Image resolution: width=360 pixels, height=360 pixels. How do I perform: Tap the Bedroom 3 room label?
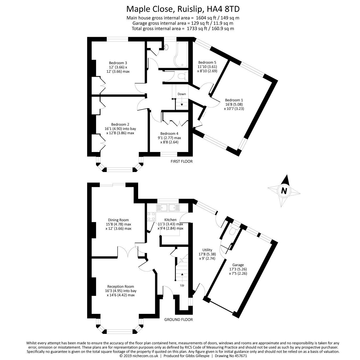point(118,63)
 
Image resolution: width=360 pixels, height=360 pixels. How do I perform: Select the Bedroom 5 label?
point(207,62)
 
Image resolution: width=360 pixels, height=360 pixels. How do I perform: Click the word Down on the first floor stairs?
point(182,94)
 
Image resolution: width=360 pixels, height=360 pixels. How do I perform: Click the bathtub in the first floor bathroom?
point(181,55)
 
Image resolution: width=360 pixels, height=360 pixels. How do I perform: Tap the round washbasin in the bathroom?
point(166,47)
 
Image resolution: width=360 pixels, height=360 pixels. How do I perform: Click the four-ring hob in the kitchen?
point(151,217)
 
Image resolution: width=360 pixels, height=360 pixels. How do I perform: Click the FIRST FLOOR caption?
point(181,161)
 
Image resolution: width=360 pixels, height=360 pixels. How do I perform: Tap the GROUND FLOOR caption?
point(178,320)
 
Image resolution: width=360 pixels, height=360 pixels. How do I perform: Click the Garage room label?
point(238,265)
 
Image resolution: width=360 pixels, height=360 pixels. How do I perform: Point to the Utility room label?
point(207,250)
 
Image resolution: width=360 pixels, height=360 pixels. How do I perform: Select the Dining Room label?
point(118,220)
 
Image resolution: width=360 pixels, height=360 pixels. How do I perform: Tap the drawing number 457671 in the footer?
point(241,356)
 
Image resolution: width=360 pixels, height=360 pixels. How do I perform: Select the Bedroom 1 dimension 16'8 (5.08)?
point(234,104)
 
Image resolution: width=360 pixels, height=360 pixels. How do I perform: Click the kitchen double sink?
point(168,207)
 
